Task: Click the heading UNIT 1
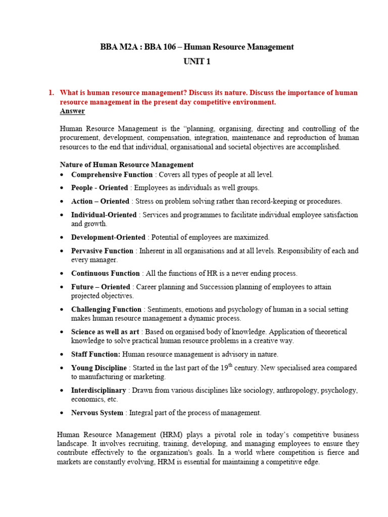coord(197,62)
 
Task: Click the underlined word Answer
coord(72,111)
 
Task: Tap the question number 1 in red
coord(51,93)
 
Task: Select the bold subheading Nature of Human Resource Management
coord(126,165)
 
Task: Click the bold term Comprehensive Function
coord(112,175)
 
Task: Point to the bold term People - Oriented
coord(100,188)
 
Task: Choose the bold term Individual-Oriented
coord(104,215)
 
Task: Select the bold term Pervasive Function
coord(102,251)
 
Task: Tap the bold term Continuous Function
coord(105,274)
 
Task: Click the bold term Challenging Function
coord(106,309)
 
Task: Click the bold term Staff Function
coord(95,355)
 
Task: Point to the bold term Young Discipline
coord(99,368)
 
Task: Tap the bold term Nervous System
coord(97,413)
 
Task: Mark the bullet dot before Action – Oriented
coord(62,201)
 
